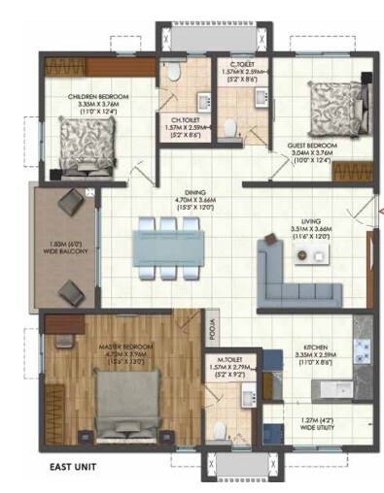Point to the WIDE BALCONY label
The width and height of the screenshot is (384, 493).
(69, 251)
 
